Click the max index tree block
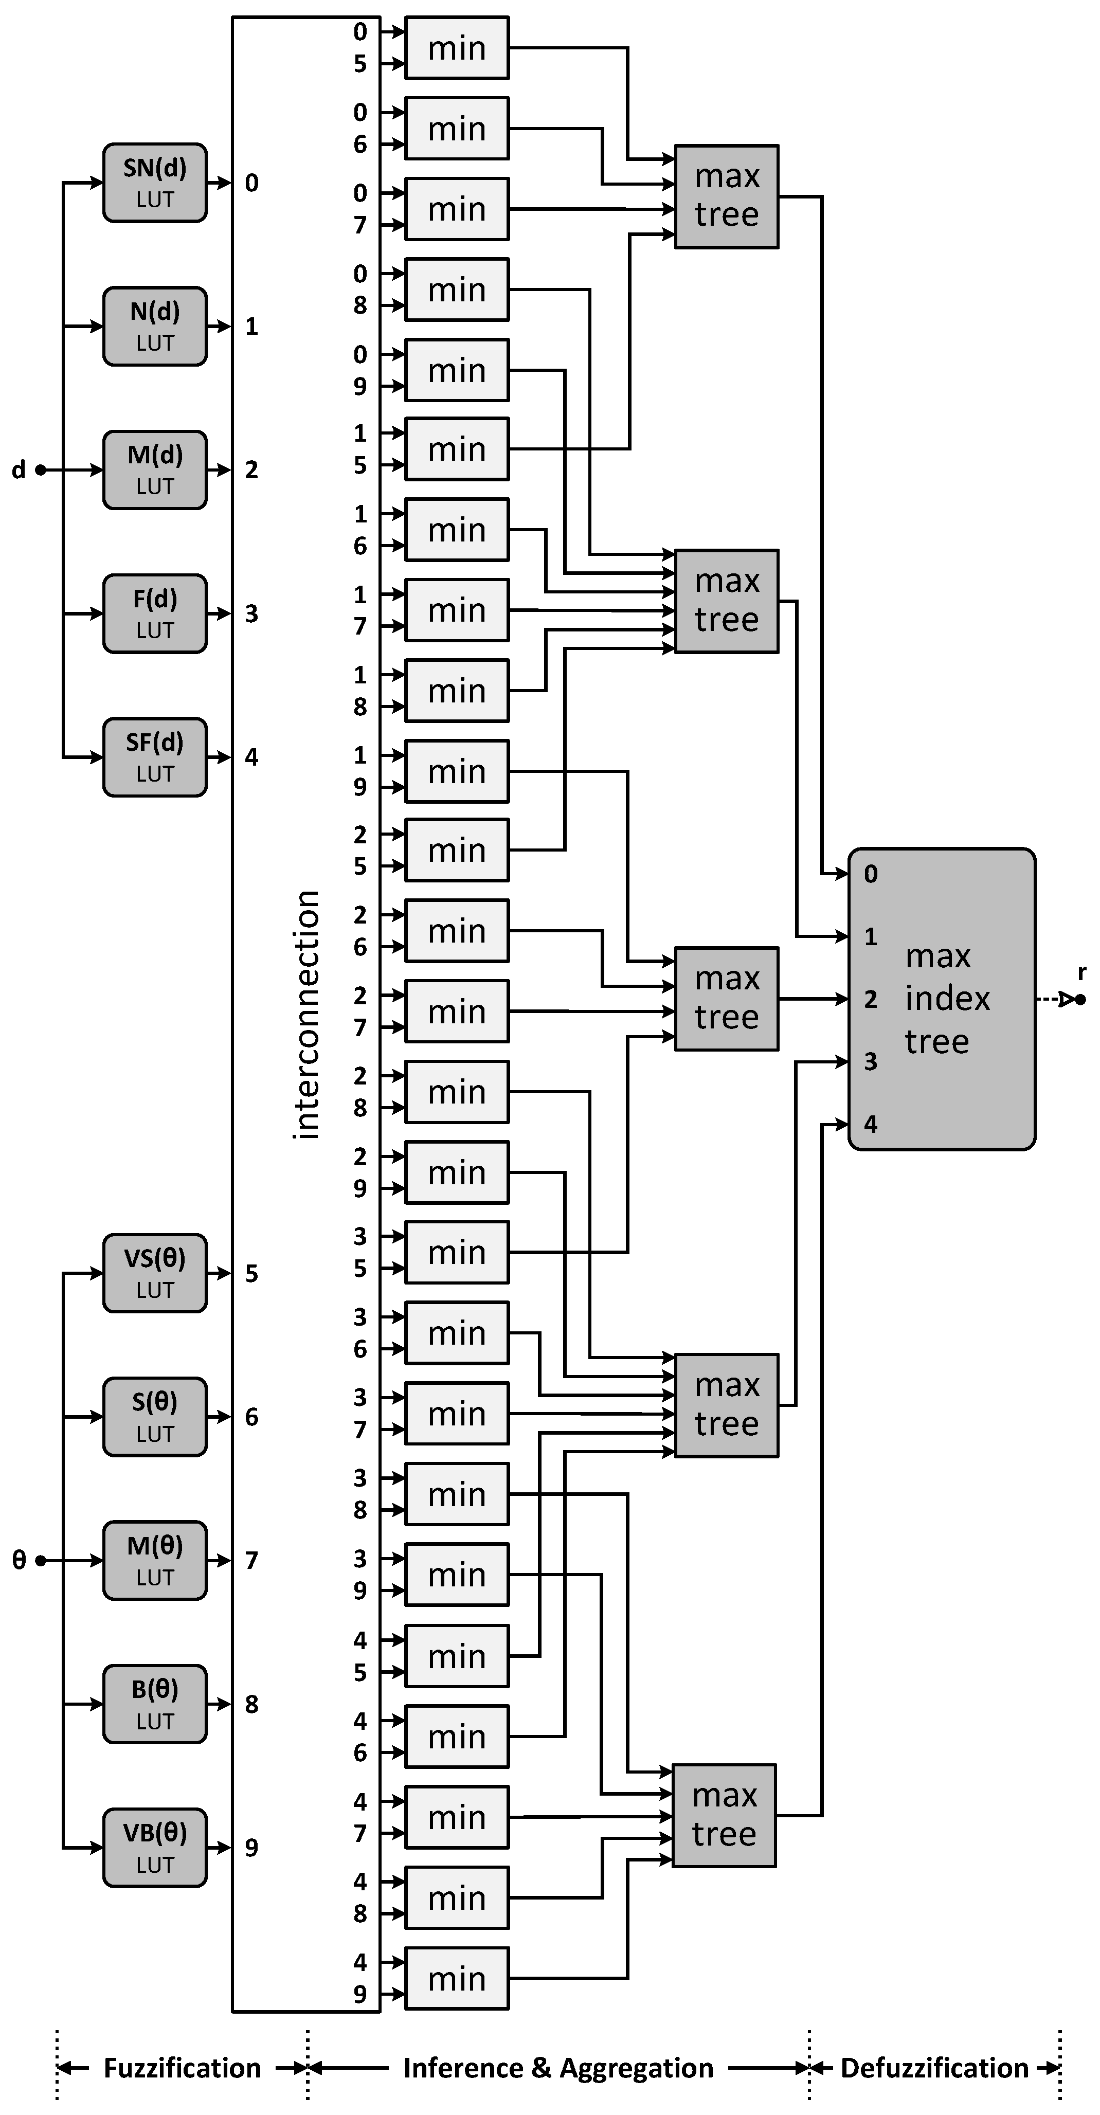click(x=942, y=999)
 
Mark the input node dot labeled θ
click(x=40, y=1560)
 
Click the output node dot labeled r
click(x=1080, y=999)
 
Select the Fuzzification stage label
click(x=182, y=2067)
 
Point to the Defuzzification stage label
click(x=934, y=2067)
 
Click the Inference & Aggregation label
click(x=558, y=2067)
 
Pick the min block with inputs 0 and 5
click(x=457, y=48)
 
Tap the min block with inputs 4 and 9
click(x=457, y=1978)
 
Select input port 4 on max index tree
click(x=870, y=1124)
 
